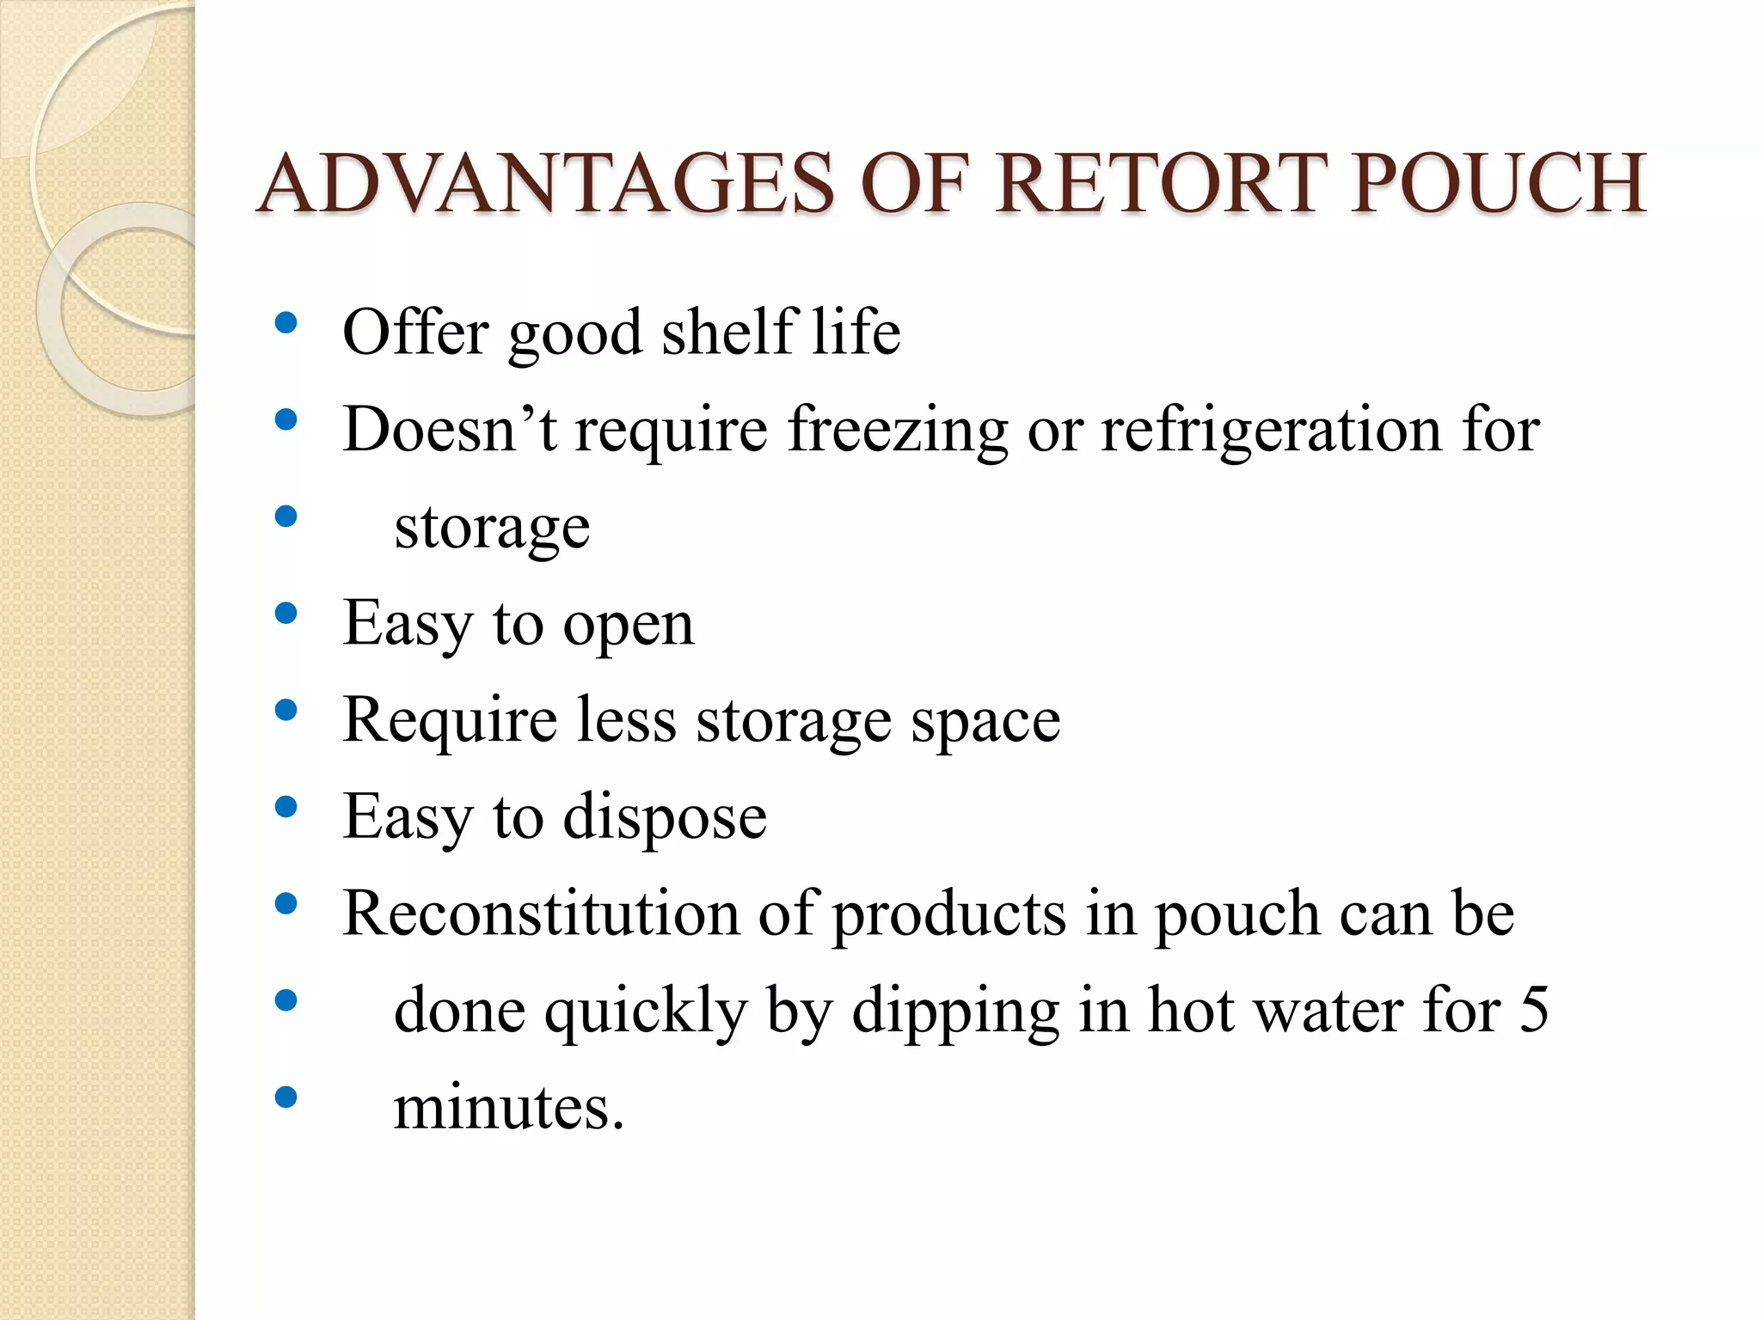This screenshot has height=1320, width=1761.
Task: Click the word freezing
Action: (898, 430)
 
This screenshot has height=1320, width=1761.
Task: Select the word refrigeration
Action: (1271, 430)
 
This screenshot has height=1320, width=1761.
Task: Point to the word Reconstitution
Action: (541, 913)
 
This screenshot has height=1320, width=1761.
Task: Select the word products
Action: (949, 914)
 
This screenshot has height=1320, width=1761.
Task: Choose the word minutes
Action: (508, 1107)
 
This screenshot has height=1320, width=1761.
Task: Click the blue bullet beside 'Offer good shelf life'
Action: (285, 323)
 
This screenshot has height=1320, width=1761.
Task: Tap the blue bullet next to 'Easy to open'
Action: (285, 614)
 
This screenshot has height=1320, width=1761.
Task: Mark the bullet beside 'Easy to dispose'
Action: (285, 807)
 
